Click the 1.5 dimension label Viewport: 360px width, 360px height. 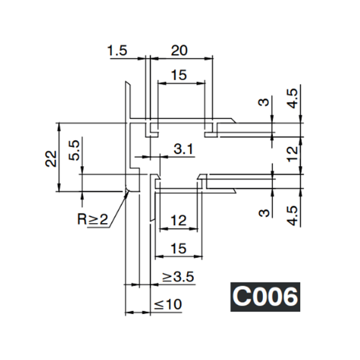118,51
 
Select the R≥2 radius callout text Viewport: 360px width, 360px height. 92,219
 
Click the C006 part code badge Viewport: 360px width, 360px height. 265,296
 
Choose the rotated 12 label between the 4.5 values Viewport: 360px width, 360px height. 292,155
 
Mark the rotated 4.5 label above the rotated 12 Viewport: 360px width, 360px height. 292,98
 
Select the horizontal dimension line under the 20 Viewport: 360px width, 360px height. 181,58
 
